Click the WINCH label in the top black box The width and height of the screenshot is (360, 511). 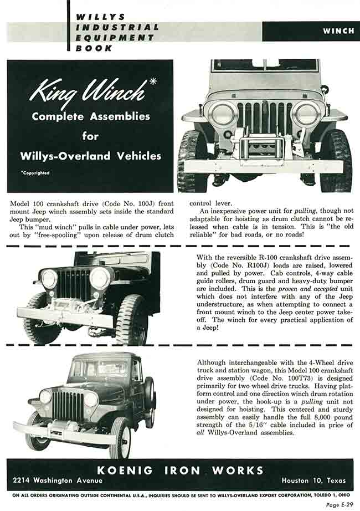(x=338, y=30)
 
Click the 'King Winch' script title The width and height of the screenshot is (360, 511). (x=89, y=91)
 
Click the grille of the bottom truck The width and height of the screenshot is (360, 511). (x=68, y=406)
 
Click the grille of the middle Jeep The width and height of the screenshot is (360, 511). (x=74, y=284)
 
